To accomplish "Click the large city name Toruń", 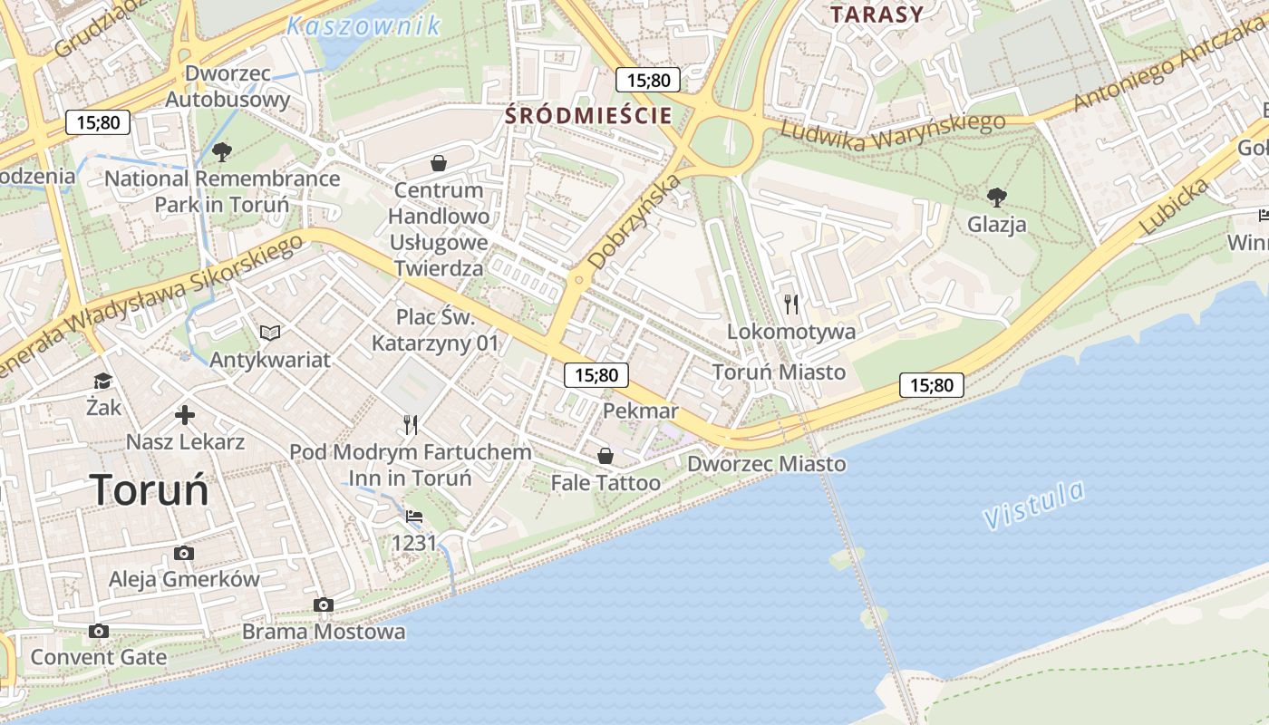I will (x=150, y=490).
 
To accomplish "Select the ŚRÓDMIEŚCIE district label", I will (x=588, y=115).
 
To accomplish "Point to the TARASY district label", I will (x=877, y=14).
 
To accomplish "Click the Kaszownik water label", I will (x=363, y=25).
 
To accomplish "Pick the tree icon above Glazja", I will (x=996, y=197).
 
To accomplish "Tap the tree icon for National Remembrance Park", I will (x=221, y=151).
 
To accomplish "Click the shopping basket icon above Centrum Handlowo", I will (x=439, y=163).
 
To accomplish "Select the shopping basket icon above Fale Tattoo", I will (x=605, y=455).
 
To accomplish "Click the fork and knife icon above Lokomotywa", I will (x=792, y=304).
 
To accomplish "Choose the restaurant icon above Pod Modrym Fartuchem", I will (x=411, y=424).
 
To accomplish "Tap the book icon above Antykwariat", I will (x=269, y=333).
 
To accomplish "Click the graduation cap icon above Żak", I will (x=102, y=382).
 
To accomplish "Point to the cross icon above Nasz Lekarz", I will (x=185, y=415).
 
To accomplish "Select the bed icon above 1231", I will (x=414, y=517).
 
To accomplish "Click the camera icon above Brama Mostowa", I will (x=324, y=604).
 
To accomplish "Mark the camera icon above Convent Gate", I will (x=99, y=631).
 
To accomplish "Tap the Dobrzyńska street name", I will (x=634, y=220).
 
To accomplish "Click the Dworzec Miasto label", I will (x=767, y=464).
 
